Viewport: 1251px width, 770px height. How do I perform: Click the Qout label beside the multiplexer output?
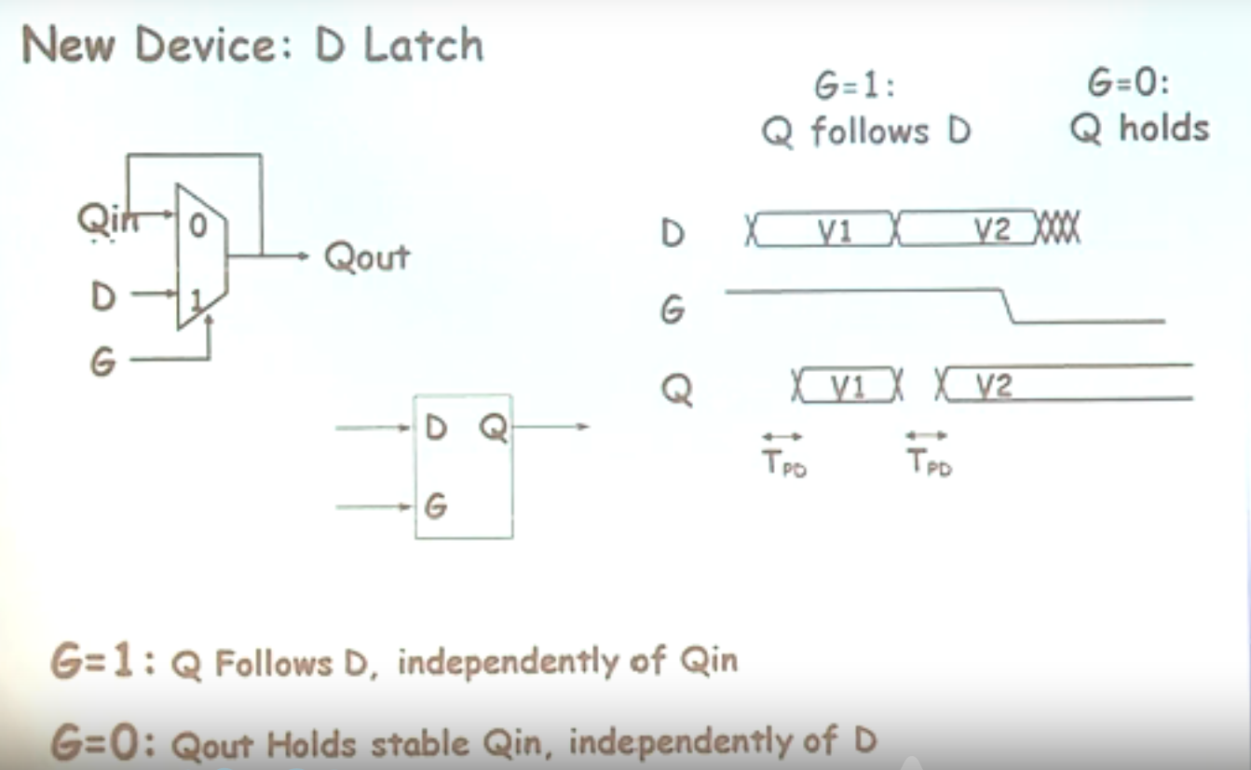[367, 256]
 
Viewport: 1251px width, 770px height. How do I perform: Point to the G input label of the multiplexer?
[102, 362]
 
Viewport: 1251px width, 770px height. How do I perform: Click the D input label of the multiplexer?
[103, 297]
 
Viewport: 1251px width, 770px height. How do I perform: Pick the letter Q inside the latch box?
[494, 429]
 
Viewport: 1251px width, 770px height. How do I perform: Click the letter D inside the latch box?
[435, 429]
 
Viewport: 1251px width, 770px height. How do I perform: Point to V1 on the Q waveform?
[849, 386]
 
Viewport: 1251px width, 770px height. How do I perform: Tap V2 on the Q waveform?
[994, 386]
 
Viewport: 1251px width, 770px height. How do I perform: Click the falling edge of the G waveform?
[1006, 307]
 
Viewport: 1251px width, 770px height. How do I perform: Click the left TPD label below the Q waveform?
[783, 462]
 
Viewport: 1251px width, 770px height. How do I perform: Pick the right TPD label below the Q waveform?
[929, 462]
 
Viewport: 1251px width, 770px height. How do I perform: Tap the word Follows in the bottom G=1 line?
[274, 664]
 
